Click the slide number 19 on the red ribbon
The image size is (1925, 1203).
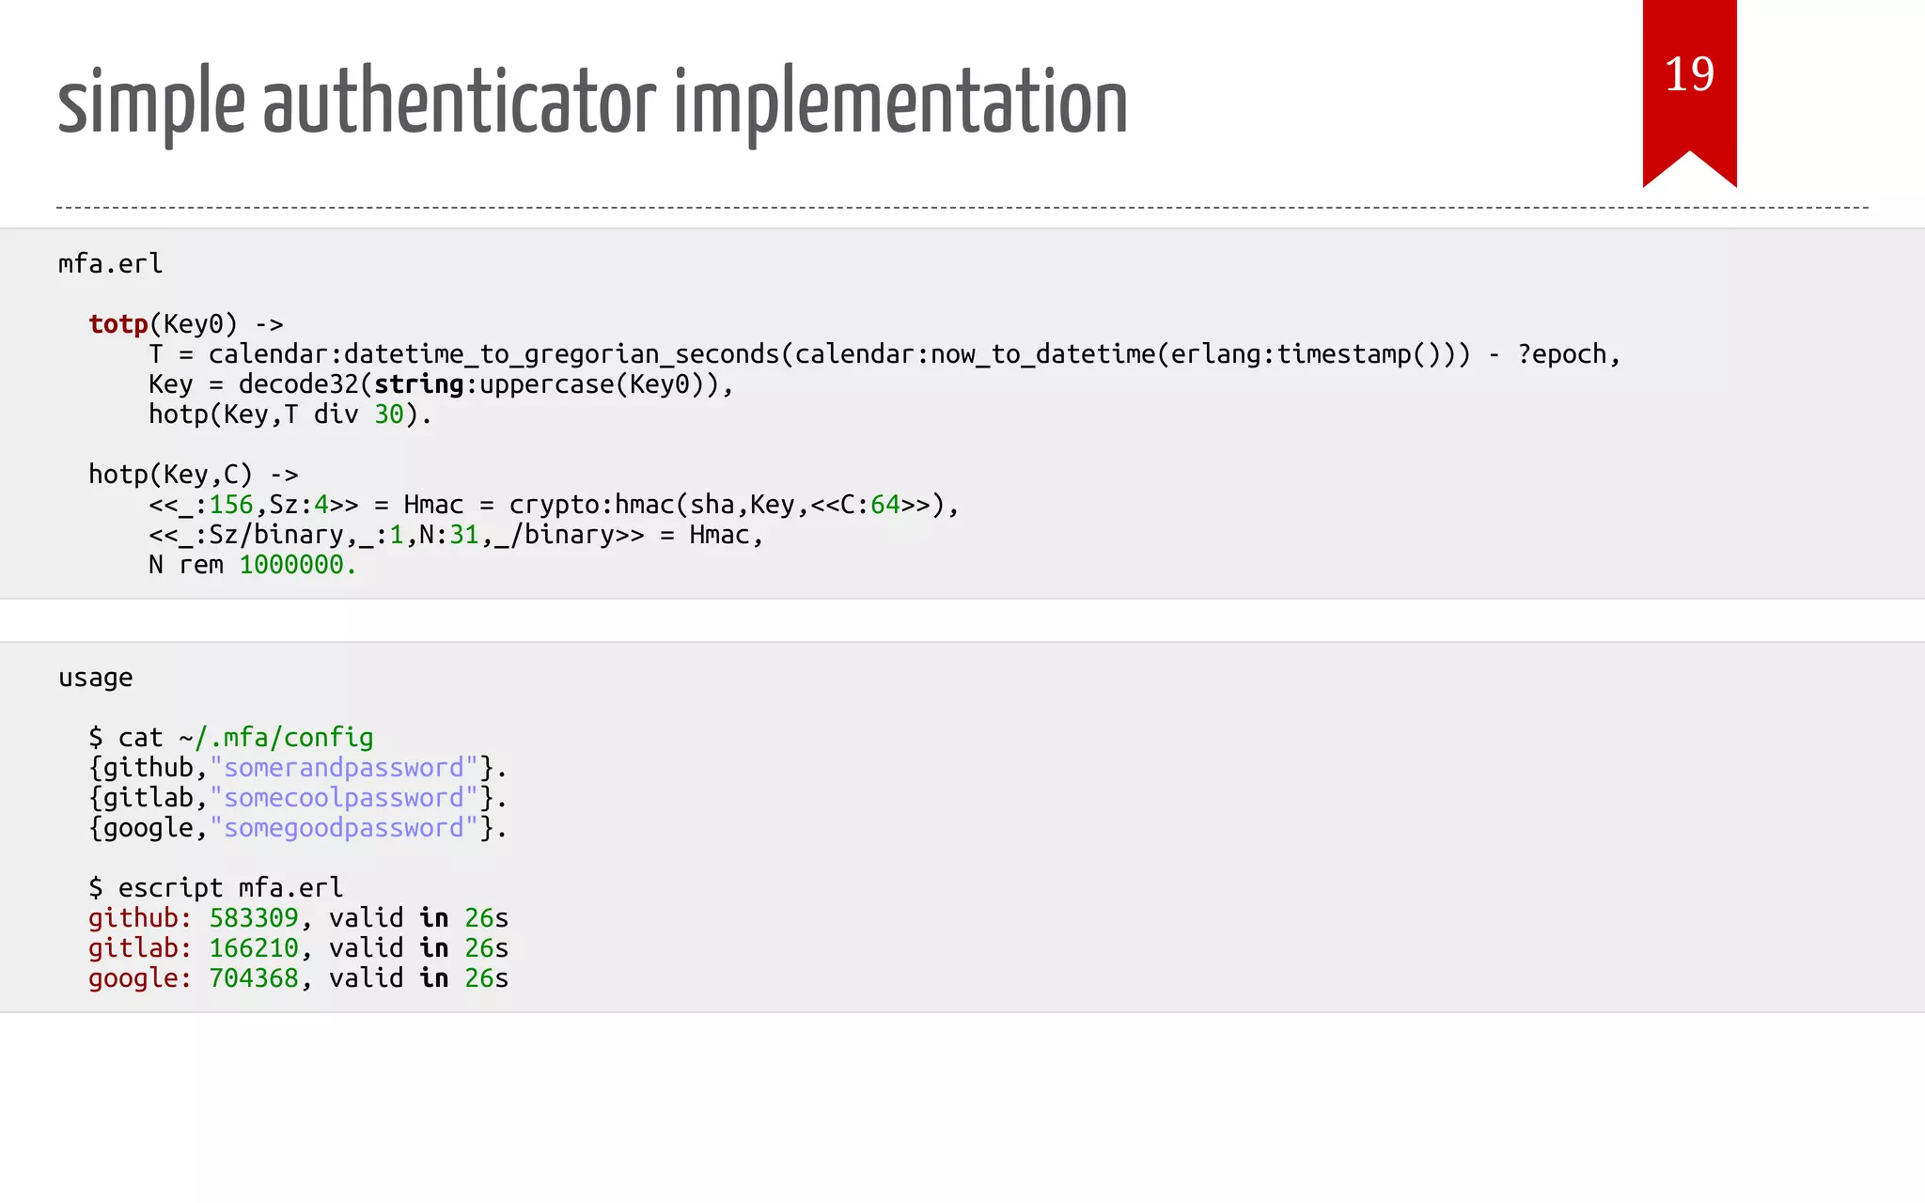(1689, 74)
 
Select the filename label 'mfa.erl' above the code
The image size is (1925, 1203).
(110, 264)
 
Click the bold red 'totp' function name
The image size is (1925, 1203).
(118, 324)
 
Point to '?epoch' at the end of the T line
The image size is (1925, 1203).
(1561, 354)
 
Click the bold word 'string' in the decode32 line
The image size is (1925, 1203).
(418, 384)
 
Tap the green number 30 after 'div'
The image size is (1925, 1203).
(389, 414)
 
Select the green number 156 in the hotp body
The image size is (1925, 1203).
(231, 505)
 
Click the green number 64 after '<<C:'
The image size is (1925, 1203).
(885, 505)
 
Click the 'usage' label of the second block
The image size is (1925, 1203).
(95, 678)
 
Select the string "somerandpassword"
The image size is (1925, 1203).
(344, 768)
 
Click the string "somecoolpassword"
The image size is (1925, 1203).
(344, 798)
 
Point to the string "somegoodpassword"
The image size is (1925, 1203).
(344, 828)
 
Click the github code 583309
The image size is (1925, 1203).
(254, 918)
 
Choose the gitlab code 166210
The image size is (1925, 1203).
(254, 948)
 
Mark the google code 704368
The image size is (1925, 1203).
(254, 978)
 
